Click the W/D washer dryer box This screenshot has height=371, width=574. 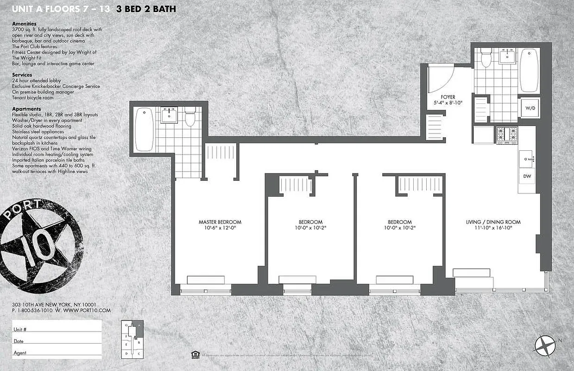(x=529, y=108)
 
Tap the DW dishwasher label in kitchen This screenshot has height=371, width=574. (x=527, y=176)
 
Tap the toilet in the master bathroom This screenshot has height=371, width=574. (x=190, y=118)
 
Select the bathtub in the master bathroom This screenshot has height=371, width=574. (x=144, y=129)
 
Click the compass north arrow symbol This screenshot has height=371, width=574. (x=545, y=345)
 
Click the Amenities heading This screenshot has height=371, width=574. (x=24, y=24)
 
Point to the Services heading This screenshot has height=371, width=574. (x=22, y=75)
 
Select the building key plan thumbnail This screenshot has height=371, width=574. (x=132, y=339)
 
